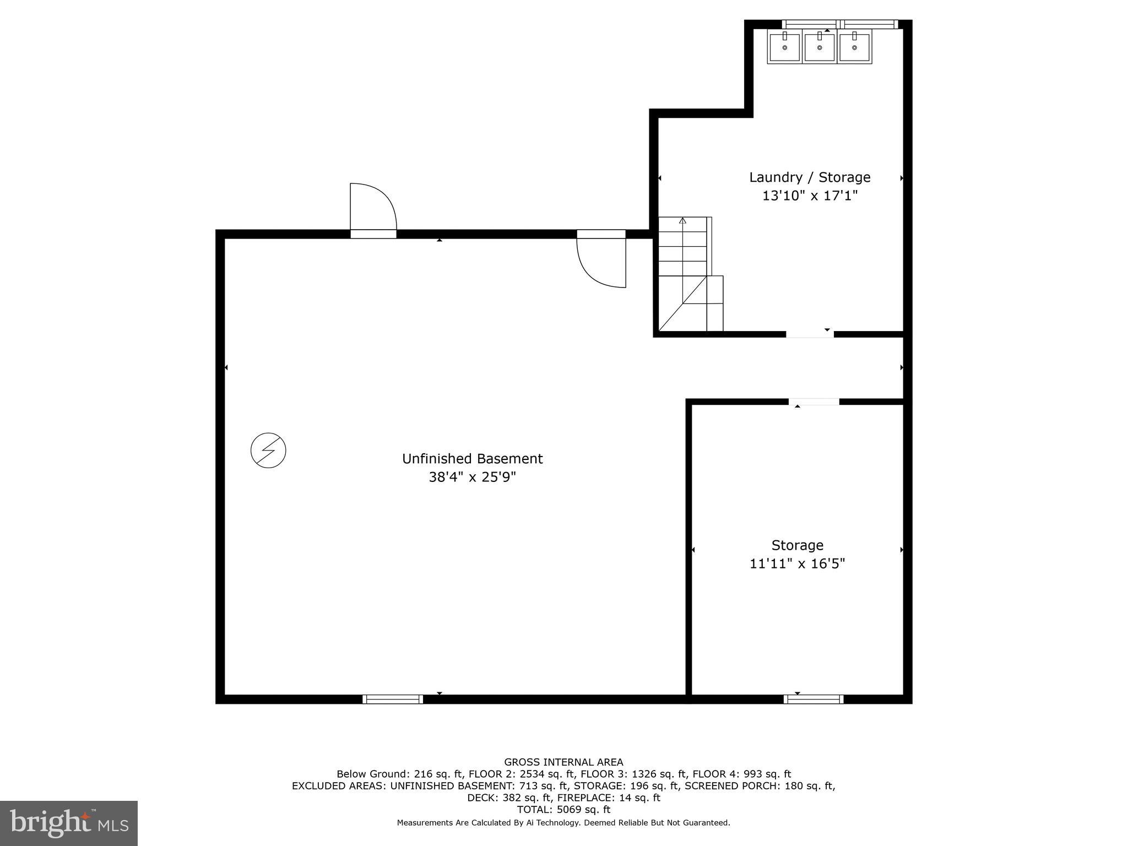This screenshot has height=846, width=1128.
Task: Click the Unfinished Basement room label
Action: pos(472,459)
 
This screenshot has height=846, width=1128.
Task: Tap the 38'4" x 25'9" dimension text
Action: pos(472,477)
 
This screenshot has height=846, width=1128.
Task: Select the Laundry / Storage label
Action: pos(810,177)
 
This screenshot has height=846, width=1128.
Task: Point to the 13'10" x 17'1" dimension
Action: pos(810,196)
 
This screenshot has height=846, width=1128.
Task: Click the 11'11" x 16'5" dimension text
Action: pos(797,563)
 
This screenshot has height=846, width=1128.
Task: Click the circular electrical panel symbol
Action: pos(268,451)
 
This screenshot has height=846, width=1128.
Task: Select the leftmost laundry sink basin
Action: pos(784,47)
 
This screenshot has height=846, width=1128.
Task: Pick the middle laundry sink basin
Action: pos(820,47)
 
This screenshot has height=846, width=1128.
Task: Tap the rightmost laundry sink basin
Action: pos(854,47)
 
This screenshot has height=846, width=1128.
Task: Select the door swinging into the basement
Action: pos(601,259)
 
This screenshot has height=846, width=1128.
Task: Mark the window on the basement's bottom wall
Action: pos(393,699)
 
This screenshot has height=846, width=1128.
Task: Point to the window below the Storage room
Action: pos(814,699)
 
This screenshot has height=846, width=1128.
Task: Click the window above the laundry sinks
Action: pos(839,24)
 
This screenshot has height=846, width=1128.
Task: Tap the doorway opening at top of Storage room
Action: pos(814,402)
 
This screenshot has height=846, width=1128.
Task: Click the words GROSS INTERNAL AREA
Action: pos(563,762)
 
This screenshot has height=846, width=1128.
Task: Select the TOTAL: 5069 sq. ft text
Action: pos(563,810)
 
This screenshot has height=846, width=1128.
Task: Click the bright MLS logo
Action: pos(68,823)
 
